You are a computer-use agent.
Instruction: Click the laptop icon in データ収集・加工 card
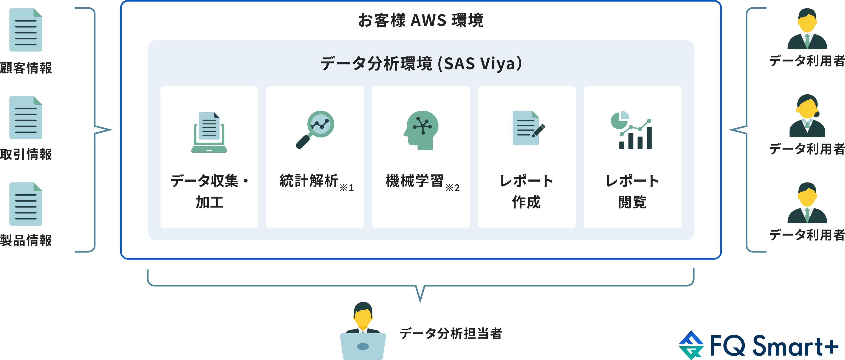pyautogui.click(x=209, y=132)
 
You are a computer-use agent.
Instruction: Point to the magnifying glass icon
pyautogui.click(x=315, y=129)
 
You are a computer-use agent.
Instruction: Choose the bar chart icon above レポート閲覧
pyautogui.click(x=631, y=130)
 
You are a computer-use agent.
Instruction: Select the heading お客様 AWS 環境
pyautogui.click(x=421, y=20)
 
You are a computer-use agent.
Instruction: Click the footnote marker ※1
pyautogui.click(x=347, y=187)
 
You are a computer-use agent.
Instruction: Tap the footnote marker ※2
pyautogui.click(x=453, y=187)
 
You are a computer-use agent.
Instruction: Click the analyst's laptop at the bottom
pyautogui.click(x=363, y=346)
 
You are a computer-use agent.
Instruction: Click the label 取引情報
pyautogui.click(x=26, y=154)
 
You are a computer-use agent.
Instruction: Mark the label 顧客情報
pyautogui.click(x=26, y=68)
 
